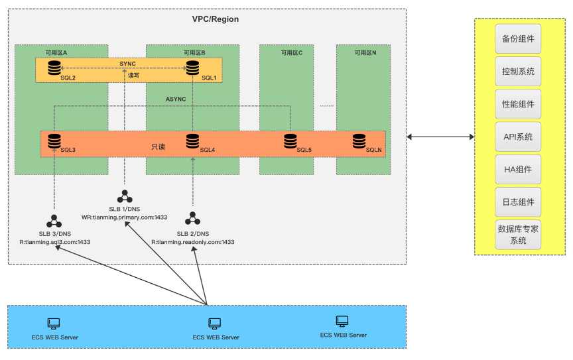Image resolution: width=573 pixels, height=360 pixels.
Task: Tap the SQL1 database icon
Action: tap(193, 68)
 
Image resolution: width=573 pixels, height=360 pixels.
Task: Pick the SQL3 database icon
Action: tap(54, 141)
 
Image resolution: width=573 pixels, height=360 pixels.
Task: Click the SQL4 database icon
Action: tap(193, 141)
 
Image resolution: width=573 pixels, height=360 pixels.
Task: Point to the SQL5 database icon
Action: tap(290, 141)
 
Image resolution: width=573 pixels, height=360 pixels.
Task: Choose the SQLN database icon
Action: tap(359, 141)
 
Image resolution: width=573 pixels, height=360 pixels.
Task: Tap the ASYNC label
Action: tap(176, 99)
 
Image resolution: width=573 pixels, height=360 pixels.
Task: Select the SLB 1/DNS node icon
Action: tap(125, 197)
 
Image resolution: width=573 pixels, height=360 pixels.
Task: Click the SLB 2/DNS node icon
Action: tap(193, 217)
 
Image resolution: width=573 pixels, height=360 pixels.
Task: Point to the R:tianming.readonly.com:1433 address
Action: tap(192, 242)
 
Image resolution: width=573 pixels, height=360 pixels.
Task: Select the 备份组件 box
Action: tap(519, 39)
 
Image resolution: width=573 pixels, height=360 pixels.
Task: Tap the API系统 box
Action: tap(519, 137)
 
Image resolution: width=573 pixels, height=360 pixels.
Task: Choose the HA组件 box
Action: tap(519, 170)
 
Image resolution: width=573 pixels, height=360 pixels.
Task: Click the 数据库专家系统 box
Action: tap(519, 235)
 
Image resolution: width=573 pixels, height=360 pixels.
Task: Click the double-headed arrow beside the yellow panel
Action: tap(440, 137)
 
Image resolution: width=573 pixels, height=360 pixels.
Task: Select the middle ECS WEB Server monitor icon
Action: tap(214, 324)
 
